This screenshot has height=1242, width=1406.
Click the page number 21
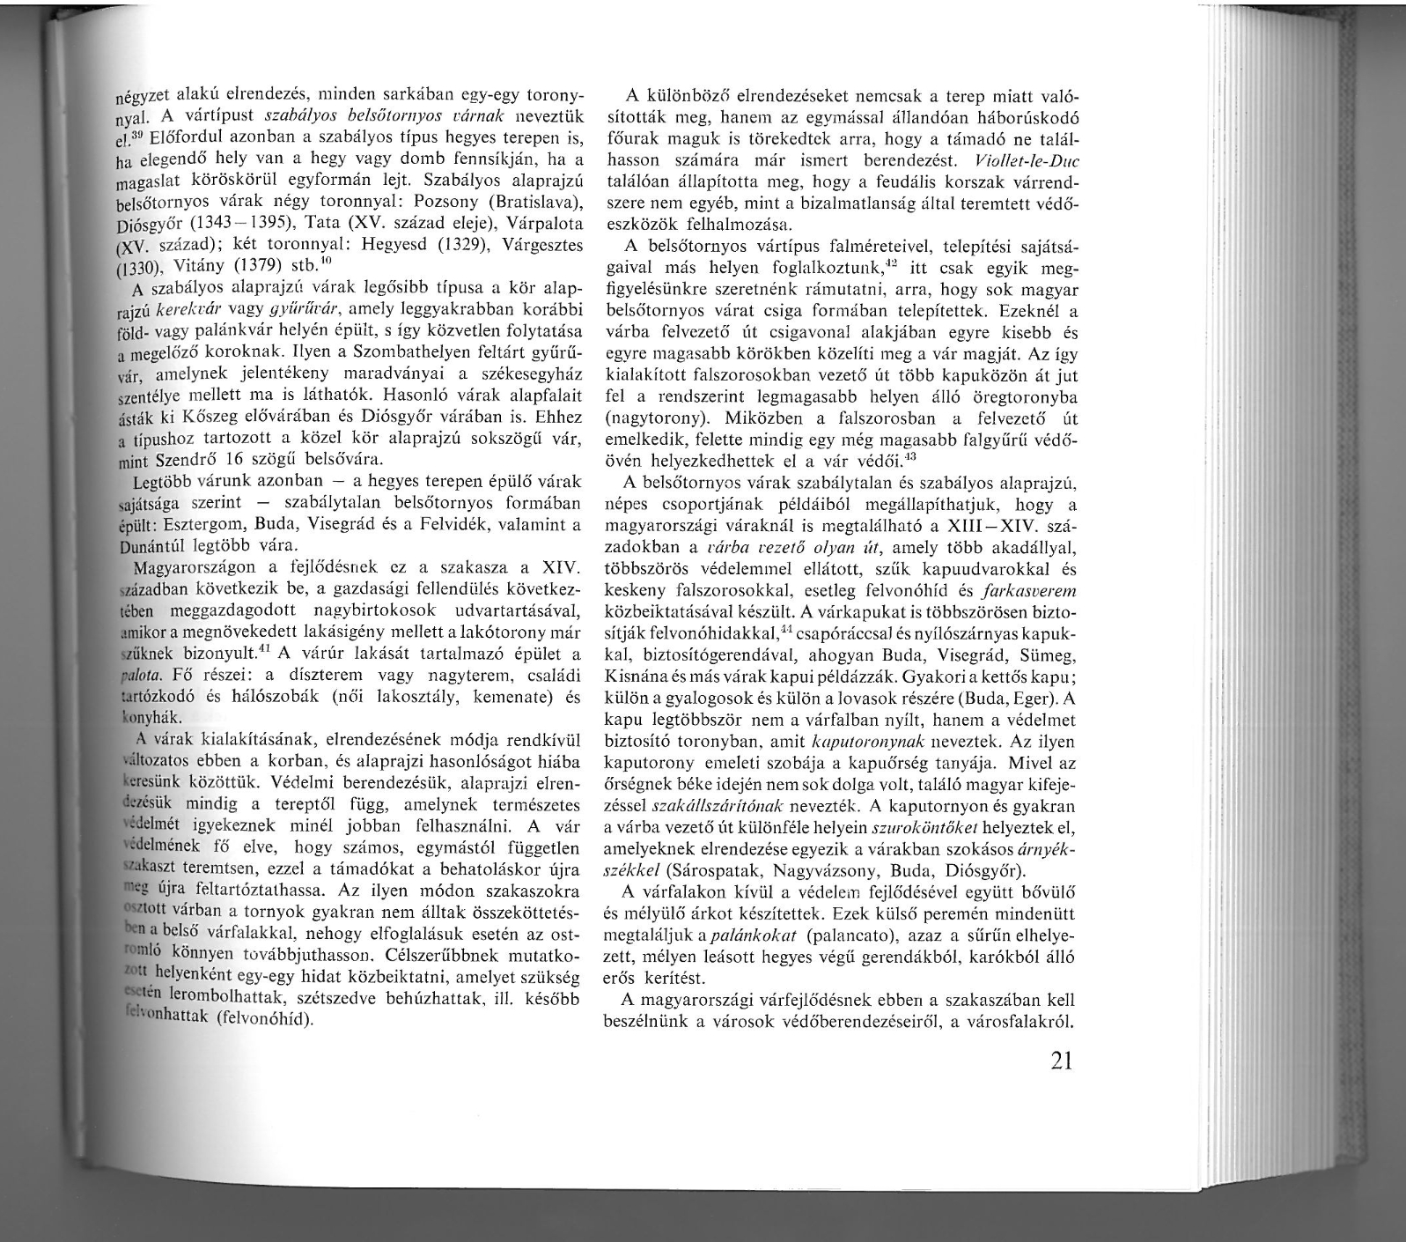coord(1061,1061)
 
